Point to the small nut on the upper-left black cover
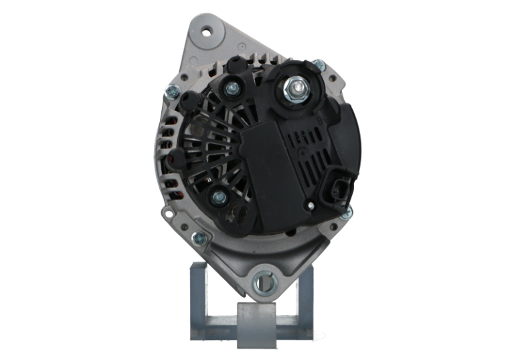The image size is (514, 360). (233, 88)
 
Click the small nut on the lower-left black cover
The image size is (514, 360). (218, 197)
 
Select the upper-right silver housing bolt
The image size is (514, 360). (319, 66)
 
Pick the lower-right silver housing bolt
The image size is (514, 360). (346, 213)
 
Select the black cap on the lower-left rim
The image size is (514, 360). (177, 159)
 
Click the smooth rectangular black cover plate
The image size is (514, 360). (264, 175)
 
